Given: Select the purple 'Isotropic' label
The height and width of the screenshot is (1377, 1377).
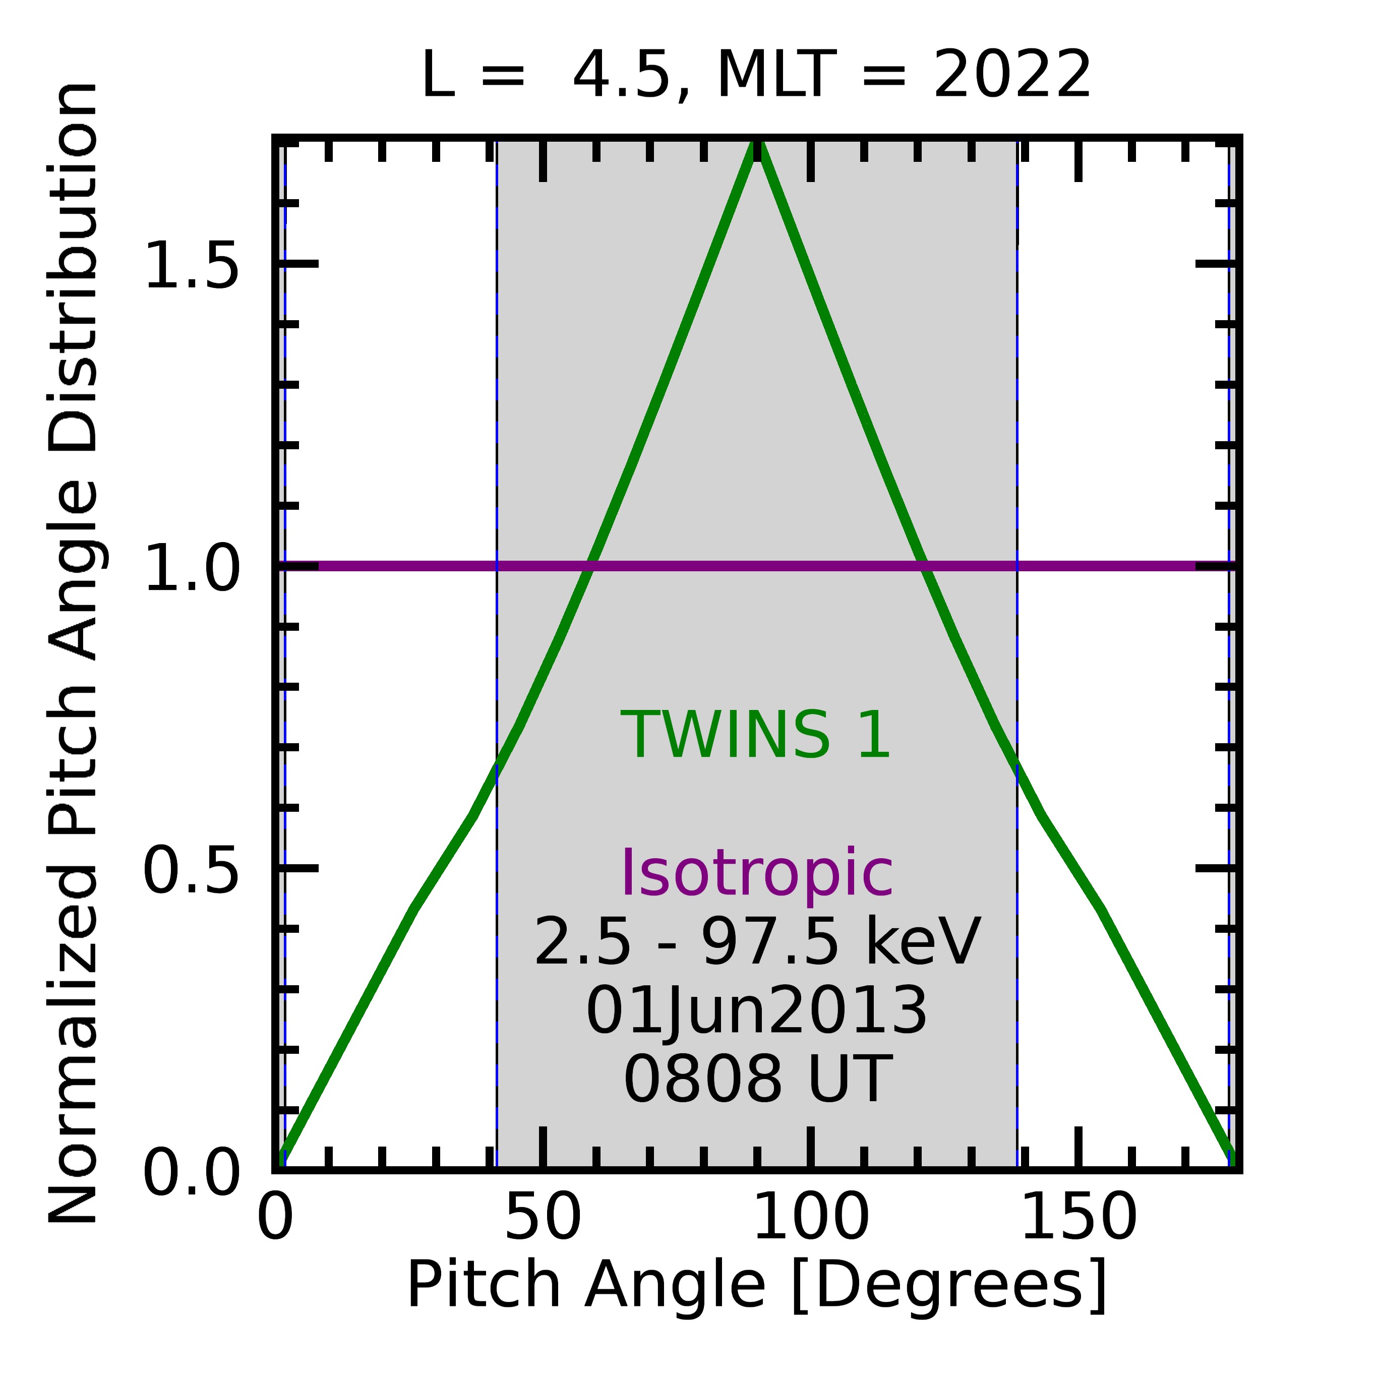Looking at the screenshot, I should click(757, 874).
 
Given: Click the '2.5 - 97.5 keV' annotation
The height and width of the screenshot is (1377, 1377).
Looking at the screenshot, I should click(757, 943).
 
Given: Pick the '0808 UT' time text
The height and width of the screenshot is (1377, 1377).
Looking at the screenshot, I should click(757, 1080).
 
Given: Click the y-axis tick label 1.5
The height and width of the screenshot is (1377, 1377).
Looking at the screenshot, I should click(191, 265).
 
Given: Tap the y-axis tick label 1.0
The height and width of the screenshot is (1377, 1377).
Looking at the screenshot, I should click(191, 567).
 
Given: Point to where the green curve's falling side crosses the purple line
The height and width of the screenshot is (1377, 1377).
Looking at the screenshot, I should click(924, 567).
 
